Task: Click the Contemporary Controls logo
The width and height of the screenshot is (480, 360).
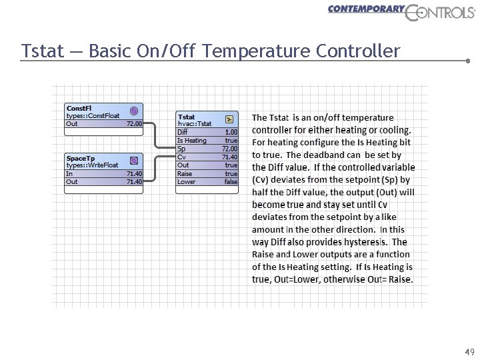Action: click(x=400, y=12)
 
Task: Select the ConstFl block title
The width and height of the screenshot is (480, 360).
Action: click(x=79, y=108)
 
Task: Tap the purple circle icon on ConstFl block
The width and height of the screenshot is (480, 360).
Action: click(x=134, y=111)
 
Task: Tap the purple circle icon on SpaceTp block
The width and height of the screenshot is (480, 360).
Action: click(x=134, y=161)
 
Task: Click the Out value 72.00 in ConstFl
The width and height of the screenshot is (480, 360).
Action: click(x=135, y=123)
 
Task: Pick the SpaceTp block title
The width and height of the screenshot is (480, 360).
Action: click(x=80, y=158)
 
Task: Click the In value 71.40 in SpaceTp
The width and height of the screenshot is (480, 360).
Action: click(x=135, y=173)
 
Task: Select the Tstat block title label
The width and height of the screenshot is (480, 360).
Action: click(x=187, y=117)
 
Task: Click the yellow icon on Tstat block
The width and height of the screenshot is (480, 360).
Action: click(x=229, y=119)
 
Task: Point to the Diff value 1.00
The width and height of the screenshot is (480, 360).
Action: click(x=231, y=132)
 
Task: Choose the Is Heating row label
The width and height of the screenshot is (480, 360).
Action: click(x=192, y=141)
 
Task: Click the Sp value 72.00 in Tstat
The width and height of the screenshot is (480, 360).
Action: click(x=229, y=149)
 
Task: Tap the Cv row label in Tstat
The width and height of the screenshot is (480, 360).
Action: click(x=181, y=157)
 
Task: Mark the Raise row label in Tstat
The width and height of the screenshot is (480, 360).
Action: click(x=185, y=173)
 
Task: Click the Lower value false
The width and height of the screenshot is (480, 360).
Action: click(x=231, y=181)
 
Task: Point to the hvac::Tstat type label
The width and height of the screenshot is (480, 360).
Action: click(x=195, y=123)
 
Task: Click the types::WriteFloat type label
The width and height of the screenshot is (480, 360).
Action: click(x=92, y=165)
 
